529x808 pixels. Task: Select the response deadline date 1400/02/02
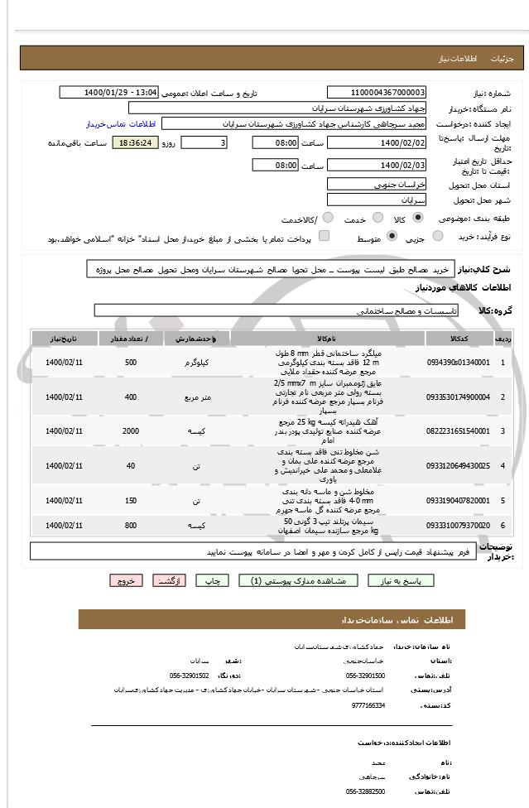coord(377,142)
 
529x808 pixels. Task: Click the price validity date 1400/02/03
coord(377,165)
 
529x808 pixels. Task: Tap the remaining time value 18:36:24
coord(134,143)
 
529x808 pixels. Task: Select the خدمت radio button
coord(377,219)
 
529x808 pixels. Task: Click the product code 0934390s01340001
coord(458,362)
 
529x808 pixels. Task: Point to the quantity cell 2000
coord(130,430)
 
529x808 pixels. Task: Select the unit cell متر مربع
coord(196,397)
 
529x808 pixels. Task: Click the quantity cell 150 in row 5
coord(130,501)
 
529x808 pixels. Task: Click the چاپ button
coord(212,581)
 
